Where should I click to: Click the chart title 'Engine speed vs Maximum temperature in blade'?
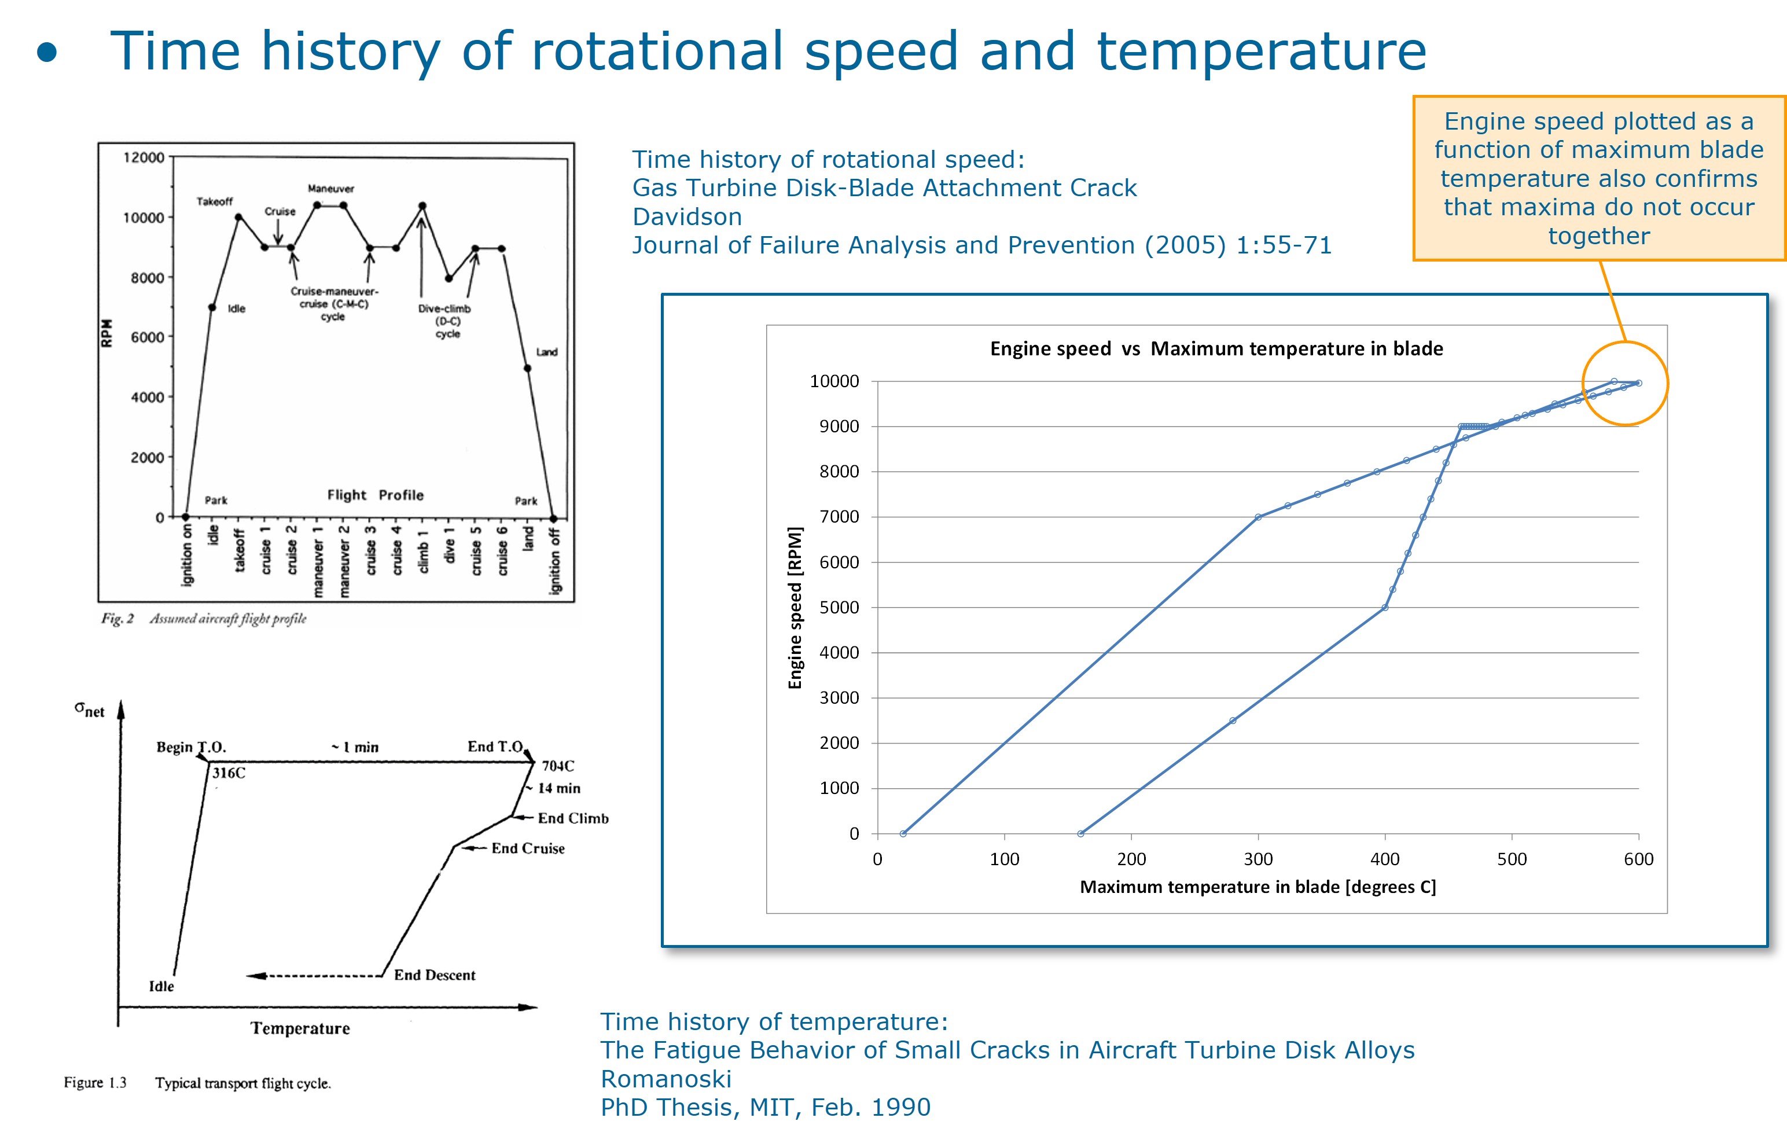1216,349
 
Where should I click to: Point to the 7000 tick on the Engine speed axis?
839,517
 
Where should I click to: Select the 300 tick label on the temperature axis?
1258,859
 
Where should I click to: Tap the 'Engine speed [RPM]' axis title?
795,608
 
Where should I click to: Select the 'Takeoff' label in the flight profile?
215,202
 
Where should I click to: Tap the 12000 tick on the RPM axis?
144,157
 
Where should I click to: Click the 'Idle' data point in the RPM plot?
212,307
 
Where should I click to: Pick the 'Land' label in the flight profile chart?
547,352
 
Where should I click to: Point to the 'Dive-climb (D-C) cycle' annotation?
445,321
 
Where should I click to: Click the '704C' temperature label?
557,766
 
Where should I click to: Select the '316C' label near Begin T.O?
229,773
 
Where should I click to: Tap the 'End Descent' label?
434,975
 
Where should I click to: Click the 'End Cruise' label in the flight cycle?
528,848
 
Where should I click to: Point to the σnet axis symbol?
89,709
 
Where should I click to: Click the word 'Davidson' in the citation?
686,216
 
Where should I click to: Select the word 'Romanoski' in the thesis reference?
665,1079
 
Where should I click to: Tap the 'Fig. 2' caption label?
117,619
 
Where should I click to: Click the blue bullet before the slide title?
47,53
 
